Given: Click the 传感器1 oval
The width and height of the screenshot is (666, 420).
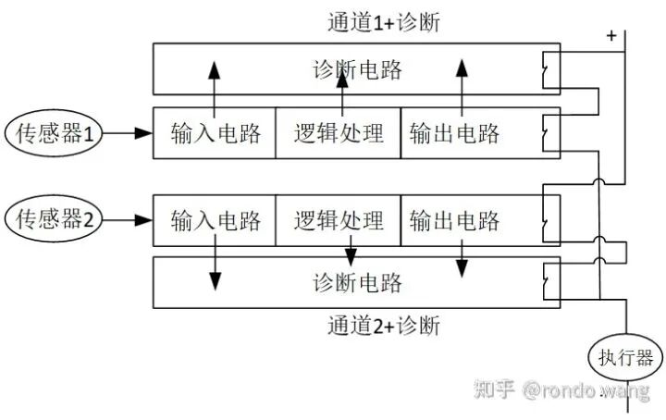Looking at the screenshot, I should click(53, 133).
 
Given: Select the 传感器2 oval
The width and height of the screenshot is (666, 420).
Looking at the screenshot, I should click(53, 220).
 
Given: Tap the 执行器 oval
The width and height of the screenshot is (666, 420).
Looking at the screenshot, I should click(616, 357).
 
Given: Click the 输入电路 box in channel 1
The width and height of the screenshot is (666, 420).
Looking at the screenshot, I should click(215, 133).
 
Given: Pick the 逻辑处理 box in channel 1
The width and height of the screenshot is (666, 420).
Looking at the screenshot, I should click(339, 133).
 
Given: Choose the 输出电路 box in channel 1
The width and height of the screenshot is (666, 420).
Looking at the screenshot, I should click(455, 133).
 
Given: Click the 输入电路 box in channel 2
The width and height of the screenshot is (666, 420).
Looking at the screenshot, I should click(215, 220).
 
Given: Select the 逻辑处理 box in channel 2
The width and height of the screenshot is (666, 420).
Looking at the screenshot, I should click(339, 220).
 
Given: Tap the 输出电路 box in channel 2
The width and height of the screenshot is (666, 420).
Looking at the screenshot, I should click(455, 220).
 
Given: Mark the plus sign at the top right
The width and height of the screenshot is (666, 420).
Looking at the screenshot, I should click(610, 36).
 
